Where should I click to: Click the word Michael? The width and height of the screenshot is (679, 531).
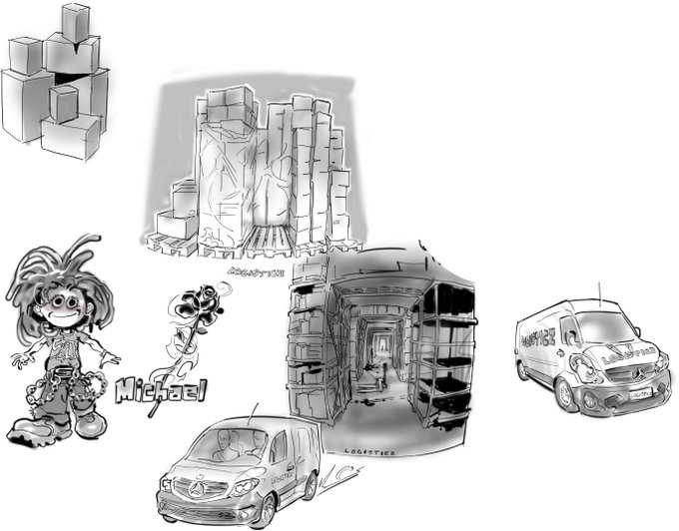160,388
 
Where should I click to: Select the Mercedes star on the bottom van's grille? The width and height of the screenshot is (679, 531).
195,486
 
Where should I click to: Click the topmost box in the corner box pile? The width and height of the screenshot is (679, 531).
75,22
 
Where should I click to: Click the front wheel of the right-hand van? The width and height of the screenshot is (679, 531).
565,394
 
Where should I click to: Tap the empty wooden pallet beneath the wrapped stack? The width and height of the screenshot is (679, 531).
262,240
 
